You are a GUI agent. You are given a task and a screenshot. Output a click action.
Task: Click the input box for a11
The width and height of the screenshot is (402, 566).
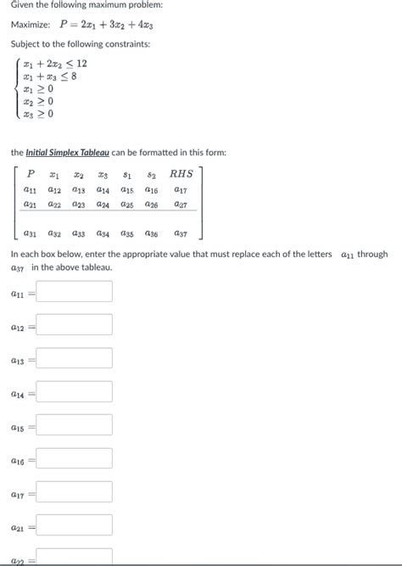click(74, 292)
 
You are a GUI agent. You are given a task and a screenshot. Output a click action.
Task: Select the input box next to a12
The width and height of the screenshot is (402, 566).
click(74, 325)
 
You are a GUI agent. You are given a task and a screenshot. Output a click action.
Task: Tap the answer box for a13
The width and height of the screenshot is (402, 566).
click(74, 359)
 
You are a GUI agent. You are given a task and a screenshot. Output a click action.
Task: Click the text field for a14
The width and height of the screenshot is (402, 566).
click(74, 392)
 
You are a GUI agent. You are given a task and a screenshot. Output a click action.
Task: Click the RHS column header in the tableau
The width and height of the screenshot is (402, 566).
click(181, 174)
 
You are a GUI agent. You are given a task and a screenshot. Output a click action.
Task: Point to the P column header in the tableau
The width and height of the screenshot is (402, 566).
click(31, 174)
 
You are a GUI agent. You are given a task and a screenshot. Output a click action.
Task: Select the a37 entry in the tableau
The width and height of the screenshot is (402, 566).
click(181, 233)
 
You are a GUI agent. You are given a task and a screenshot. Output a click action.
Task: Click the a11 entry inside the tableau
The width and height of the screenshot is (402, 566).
click(31, 189)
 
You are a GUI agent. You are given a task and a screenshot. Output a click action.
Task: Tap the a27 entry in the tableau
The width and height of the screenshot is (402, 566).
click(181, 205)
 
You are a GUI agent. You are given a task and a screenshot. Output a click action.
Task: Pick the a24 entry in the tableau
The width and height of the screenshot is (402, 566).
click(103, 205)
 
